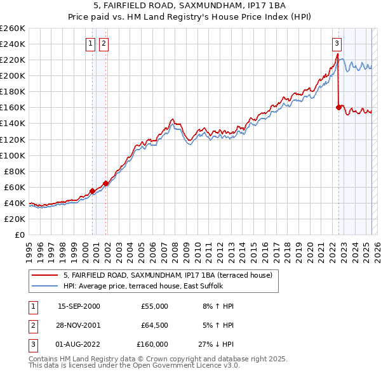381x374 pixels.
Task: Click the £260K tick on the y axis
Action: coord(14,29)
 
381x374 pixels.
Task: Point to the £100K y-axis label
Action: coord(14,155)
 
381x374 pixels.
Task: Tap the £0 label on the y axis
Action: coord(19,235)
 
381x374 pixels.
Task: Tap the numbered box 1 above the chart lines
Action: coord(90,44)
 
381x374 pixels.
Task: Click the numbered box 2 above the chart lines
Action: coord(103,44)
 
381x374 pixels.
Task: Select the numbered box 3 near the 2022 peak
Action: coord(336,44)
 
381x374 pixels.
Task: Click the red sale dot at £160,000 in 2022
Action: coord(338,108)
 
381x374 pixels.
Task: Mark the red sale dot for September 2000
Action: coord(93,191)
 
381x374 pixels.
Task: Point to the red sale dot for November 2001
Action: coord(106,183)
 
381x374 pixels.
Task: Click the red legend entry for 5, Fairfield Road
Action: coord(168,275)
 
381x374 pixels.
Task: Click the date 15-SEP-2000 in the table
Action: coord(79,306)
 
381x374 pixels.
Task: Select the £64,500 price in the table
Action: coord(154,325)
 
